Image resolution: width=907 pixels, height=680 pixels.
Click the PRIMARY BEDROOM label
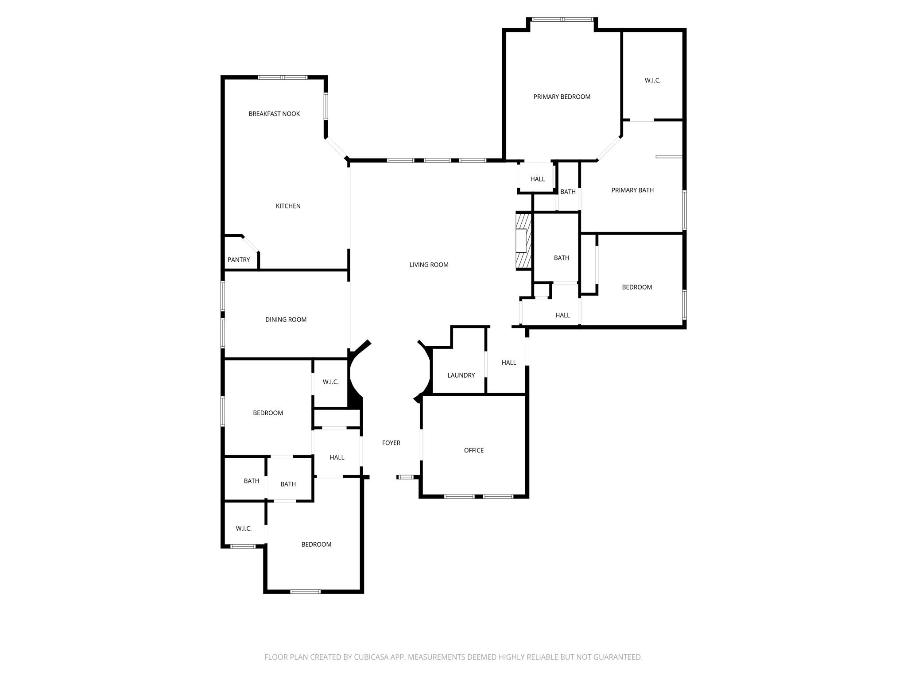[562, 97]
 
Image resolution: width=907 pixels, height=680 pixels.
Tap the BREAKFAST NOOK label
[274, 114]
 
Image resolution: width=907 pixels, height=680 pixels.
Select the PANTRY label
[239, 260]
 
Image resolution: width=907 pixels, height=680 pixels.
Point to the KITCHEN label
[288, 206]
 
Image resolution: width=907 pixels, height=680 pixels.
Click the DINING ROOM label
[286, 320]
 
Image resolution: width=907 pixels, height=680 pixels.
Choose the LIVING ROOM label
[429, 265]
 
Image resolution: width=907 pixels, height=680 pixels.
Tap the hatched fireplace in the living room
[523, 241]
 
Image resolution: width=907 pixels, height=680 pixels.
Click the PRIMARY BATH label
[632, 190]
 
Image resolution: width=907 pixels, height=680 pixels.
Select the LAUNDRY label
[461, 375]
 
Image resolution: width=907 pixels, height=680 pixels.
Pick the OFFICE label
[473, 450]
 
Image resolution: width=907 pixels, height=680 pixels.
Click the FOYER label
[391, 443]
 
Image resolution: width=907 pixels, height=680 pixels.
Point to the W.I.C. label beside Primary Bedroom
[652, 81]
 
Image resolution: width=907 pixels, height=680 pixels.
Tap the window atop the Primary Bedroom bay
[562, 19]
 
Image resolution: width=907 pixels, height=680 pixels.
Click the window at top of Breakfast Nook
[283, 77]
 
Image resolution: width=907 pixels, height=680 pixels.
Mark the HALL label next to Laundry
[509, 363]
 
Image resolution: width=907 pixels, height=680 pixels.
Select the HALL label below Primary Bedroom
[538, 179]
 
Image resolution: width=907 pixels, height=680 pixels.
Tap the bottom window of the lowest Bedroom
[305, 591]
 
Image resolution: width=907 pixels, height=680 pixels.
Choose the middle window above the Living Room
[437, 160]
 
